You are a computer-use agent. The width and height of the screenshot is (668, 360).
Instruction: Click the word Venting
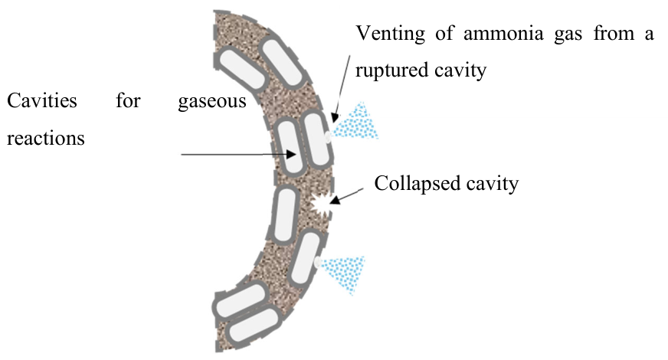[390, 34]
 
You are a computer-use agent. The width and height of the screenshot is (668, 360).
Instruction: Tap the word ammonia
[503, 34]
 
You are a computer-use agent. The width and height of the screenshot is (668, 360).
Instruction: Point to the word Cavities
[41, 101]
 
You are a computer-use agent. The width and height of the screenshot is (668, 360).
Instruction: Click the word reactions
[46, 139]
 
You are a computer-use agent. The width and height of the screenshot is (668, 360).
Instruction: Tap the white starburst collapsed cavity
[322, 204]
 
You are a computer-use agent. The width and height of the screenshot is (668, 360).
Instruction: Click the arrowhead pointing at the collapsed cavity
[335, 200]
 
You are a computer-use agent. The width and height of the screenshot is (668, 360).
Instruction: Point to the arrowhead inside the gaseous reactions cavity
[292, 154]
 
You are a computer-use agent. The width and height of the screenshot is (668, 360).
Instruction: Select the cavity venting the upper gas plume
[317, 139]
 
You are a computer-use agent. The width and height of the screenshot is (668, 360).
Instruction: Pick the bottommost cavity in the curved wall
[254, 326]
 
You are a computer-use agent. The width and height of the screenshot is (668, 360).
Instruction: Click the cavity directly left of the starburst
[284, 215]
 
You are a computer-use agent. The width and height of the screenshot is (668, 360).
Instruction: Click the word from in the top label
[614, 33]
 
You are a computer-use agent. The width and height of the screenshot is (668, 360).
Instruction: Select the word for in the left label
[128, 101]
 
